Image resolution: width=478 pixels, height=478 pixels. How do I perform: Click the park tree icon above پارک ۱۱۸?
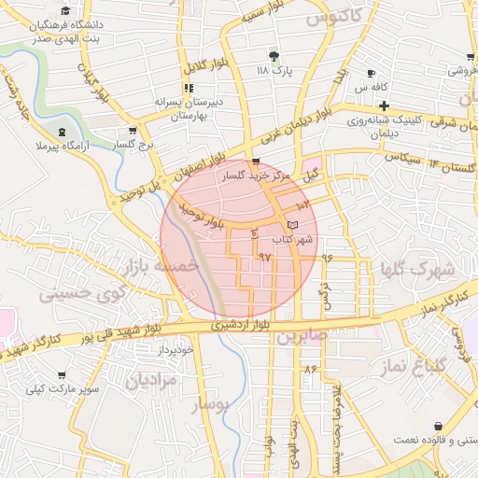point(274,56)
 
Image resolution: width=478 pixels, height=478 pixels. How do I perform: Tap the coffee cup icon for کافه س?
point(372,74)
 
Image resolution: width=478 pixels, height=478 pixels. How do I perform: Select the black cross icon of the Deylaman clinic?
point(384,105)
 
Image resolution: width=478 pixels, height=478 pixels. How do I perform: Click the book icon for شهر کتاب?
point(292,226)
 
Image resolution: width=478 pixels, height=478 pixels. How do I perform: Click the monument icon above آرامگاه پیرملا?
point(63,132)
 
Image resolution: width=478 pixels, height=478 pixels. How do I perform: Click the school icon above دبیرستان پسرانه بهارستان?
point(190,89)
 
